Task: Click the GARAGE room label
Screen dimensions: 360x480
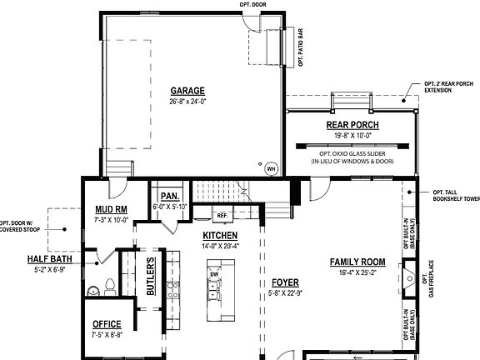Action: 187,91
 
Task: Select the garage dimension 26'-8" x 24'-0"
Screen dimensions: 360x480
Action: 187,101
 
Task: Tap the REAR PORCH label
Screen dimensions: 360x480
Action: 352,126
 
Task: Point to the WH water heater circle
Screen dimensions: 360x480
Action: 270,167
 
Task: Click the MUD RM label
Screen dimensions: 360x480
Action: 110,210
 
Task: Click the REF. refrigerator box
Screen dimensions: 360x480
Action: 222,216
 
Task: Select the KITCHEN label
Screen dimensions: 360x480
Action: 220,236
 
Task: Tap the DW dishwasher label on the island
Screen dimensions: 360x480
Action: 214,274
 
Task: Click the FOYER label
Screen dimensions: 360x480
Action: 285,282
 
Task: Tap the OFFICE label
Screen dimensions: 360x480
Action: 106,324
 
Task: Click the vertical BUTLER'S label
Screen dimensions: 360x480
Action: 151,276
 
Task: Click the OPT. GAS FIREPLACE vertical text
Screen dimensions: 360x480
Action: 432,278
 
